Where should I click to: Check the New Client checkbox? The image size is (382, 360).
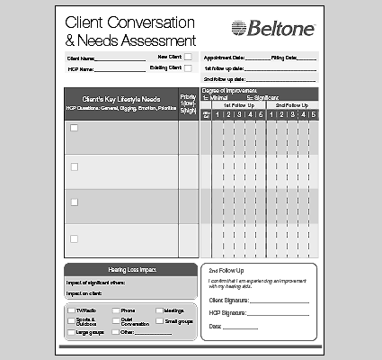[x=187, y=57]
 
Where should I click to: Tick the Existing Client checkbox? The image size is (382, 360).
[x=187, y=68]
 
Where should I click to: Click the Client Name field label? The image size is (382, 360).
[x=83, y=58]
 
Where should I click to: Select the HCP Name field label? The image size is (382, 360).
[x=81, y=69]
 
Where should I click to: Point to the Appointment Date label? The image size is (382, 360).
[x=225, y=58]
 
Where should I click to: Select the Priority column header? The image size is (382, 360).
[x=188, y=102]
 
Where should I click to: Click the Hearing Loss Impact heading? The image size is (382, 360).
[x=131, y=269]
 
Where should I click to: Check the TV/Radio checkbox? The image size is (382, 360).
[x=71, y=310]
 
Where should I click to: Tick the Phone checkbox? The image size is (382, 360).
[x=115, y=310]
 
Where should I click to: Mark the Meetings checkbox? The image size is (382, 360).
[x=159, y=310]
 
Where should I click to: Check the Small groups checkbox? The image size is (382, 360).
[x=159, y=321]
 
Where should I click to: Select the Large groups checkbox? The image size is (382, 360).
[x=71, y=333]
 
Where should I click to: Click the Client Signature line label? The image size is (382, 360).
[x=228, y=300]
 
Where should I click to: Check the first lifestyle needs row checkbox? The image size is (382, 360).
[x=75, y=128]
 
